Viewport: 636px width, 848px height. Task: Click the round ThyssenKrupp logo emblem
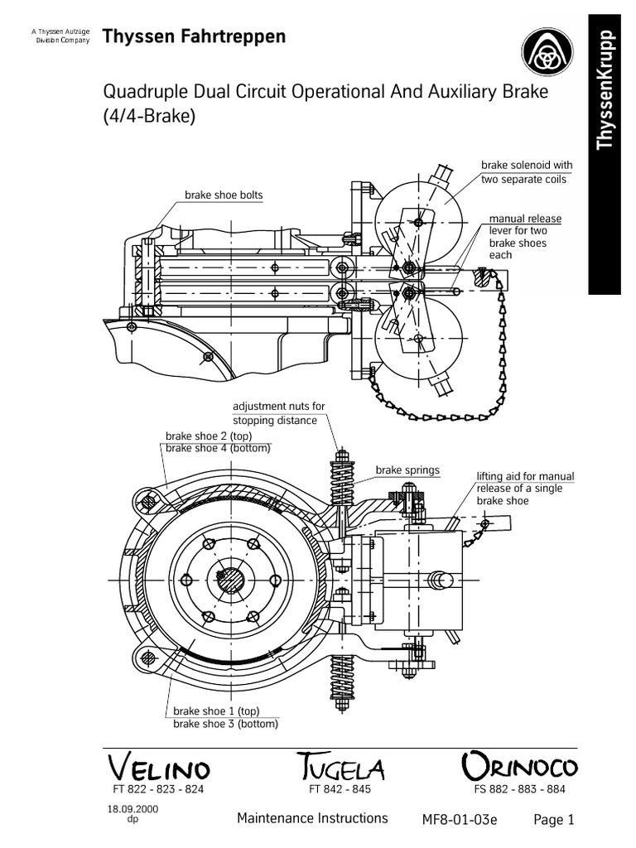click(547, 53)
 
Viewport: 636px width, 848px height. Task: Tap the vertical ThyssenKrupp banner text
click(604, 89)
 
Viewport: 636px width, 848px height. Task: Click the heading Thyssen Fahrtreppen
click(194, 36)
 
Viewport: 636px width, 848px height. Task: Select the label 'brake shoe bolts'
click(224, 195)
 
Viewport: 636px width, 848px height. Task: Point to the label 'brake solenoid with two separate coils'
click(526, 172)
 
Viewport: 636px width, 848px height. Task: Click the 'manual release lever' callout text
click(524, 236)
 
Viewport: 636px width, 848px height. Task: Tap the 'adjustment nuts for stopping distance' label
click(278, 412)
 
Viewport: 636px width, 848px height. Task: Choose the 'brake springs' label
click(407, 470)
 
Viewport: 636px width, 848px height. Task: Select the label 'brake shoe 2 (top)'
click(208, 436)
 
